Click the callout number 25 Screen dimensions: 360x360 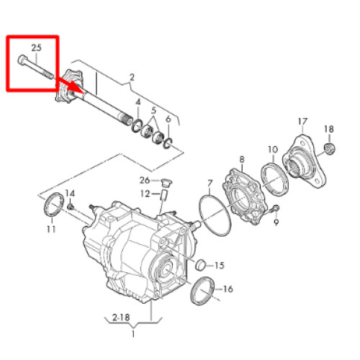[x=37, y=48]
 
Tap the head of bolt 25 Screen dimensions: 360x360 [x=22, y=59]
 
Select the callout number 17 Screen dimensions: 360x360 [x=302, y=122]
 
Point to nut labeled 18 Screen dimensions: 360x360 [x=330, y=148]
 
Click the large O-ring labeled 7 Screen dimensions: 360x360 [x=215, y=216]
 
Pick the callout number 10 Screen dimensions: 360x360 [x=273, y=150]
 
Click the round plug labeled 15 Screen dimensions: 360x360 [x=201, y=265]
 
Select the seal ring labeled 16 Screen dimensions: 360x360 [x=202, y=291]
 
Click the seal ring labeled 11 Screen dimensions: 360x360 [x=54, y=204]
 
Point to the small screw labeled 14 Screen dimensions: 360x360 [x=71, y=207]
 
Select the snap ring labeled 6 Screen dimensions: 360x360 [x=168, y=143]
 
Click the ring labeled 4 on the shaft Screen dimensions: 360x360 [x=137, y=125]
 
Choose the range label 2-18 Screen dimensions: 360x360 [x=121, y=318]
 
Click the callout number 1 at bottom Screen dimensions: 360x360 [x=133, y=334]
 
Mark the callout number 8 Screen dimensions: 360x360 [x=242, y=159]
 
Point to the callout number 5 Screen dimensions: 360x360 [x=153, y=111]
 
